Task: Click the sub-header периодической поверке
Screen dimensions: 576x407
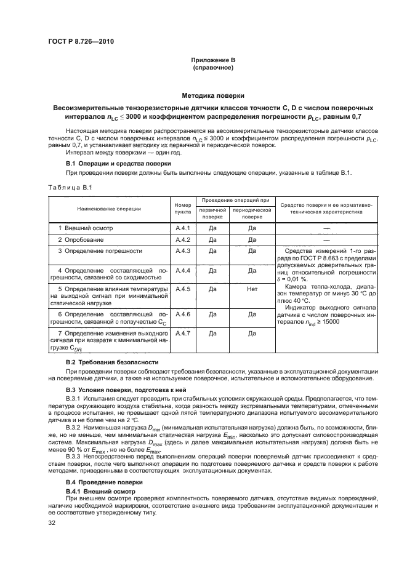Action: [251, 214]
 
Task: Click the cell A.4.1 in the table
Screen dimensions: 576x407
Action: [183, 228]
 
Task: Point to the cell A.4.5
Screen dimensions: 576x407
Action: [183, 288]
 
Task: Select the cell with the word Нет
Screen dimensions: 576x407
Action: [251, 288]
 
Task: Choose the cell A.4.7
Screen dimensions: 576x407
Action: [183, 333]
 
